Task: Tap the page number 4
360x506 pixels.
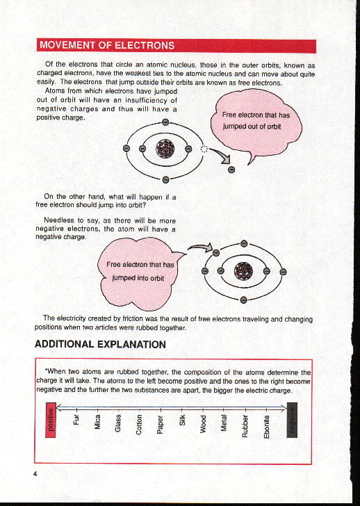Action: [33, 474]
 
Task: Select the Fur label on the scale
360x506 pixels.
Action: [77, 421]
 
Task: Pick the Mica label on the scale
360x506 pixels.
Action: [98, 423]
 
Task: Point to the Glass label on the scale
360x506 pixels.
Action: [119, 424]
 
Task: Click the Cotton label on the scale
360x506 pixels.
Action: [140, 425]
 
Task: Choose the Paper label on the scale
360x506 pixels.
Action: [161, 425]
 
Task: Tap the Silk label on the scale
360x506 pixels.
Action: [181, 421]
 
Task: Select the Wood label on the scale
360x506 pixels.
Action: [203, 424]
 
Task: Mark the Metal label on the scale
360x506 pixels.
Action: [224, 424]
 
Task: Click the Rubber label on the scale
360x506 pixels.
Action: [245, 425]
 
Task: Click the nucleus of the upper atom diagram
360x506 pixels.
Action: [165, 148]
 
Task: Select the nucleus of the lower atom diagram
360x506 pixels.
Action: [244, 272]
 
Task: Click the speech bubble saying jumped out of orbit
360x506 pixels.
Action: [257, 122]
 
